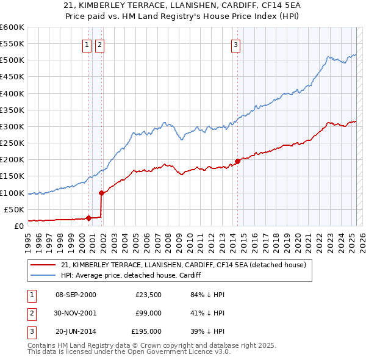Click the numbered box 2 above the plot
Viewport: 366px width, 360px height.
(99, 44)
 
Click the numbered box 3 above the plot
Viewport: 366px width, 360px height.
(235, 44)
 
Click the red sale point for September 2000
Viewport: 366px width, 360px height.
(88, 218)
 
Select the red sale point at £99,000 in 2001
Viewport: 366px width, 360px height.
(101, 193)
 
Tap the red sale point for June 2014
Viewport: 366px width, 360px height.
(237, 161)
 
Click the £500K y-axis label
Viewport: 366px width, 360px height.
(12, 60)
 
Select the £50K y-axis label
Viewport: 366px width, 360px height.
(14, 209)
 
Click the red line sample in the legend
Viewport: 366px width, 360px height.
(43, 265)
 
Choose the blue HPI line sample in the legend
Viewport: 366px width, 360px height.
(43, 275)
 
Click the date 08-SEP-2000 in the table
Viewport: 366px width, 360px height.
(76, 295)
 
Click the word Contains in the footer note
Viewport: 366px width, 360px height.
(42, 345)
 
